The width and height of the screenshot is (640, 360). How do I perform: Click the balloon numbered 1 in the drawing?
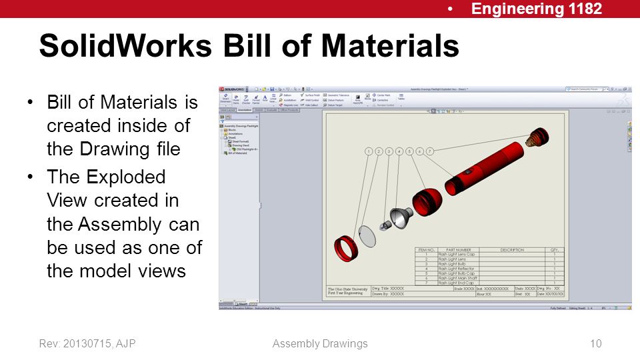pos(368,152)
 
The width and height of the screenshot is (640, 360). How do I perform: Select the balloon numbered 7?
pos(430,152)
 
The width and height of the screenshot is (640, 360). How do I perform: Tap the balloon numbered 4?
pos(399,152)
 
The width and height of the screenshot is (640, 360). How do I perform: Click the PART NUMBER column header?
pos(458,250)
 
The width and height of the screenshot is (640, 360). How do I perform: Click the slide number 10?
pos(596,344)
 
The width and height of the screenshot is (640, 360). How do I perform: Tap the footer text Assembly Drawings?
pos(320,344)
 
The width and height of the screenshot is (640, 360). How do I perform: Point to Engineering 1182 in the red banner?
pos(537,9)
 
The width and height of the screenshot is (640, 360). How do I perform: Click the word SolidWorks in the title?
pos(124,47)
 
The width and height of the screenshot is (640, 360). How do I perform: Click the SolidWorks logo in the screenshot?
pos(233,89)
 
